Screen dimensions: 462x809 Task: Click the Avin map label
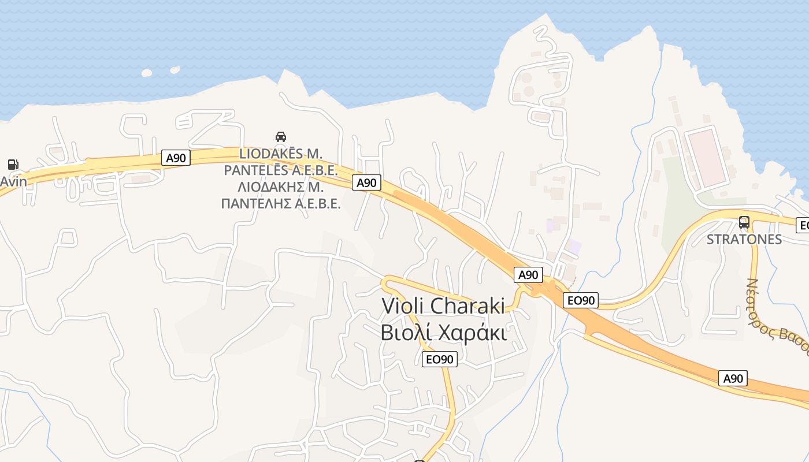[13, 181]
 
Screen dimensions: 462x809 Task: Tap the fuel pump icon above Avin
[13, 165]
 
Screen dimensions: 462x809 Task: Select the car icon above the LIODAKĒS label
[281, 137]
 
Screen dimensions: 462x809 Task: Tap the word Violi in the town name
[404, 306]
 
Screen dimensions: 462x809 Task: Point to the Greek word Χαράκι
[473, 333]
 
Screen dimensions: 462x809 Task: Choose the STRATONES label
[744, 239]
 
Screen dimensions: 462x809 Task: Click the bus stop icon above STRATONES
[744, 222]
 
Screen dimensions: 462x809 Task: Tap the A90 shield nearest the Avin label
[176, 158]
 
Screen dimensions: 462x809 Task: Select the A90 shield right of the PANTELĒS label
[366, 183]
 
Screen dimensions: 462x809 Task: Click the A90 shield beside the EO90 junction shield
[528, 275]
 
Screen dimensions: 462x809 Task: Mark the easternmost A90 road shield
[733, 379]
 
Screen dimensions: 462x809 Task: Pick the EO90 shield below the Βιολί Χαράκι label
[440, 359]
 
